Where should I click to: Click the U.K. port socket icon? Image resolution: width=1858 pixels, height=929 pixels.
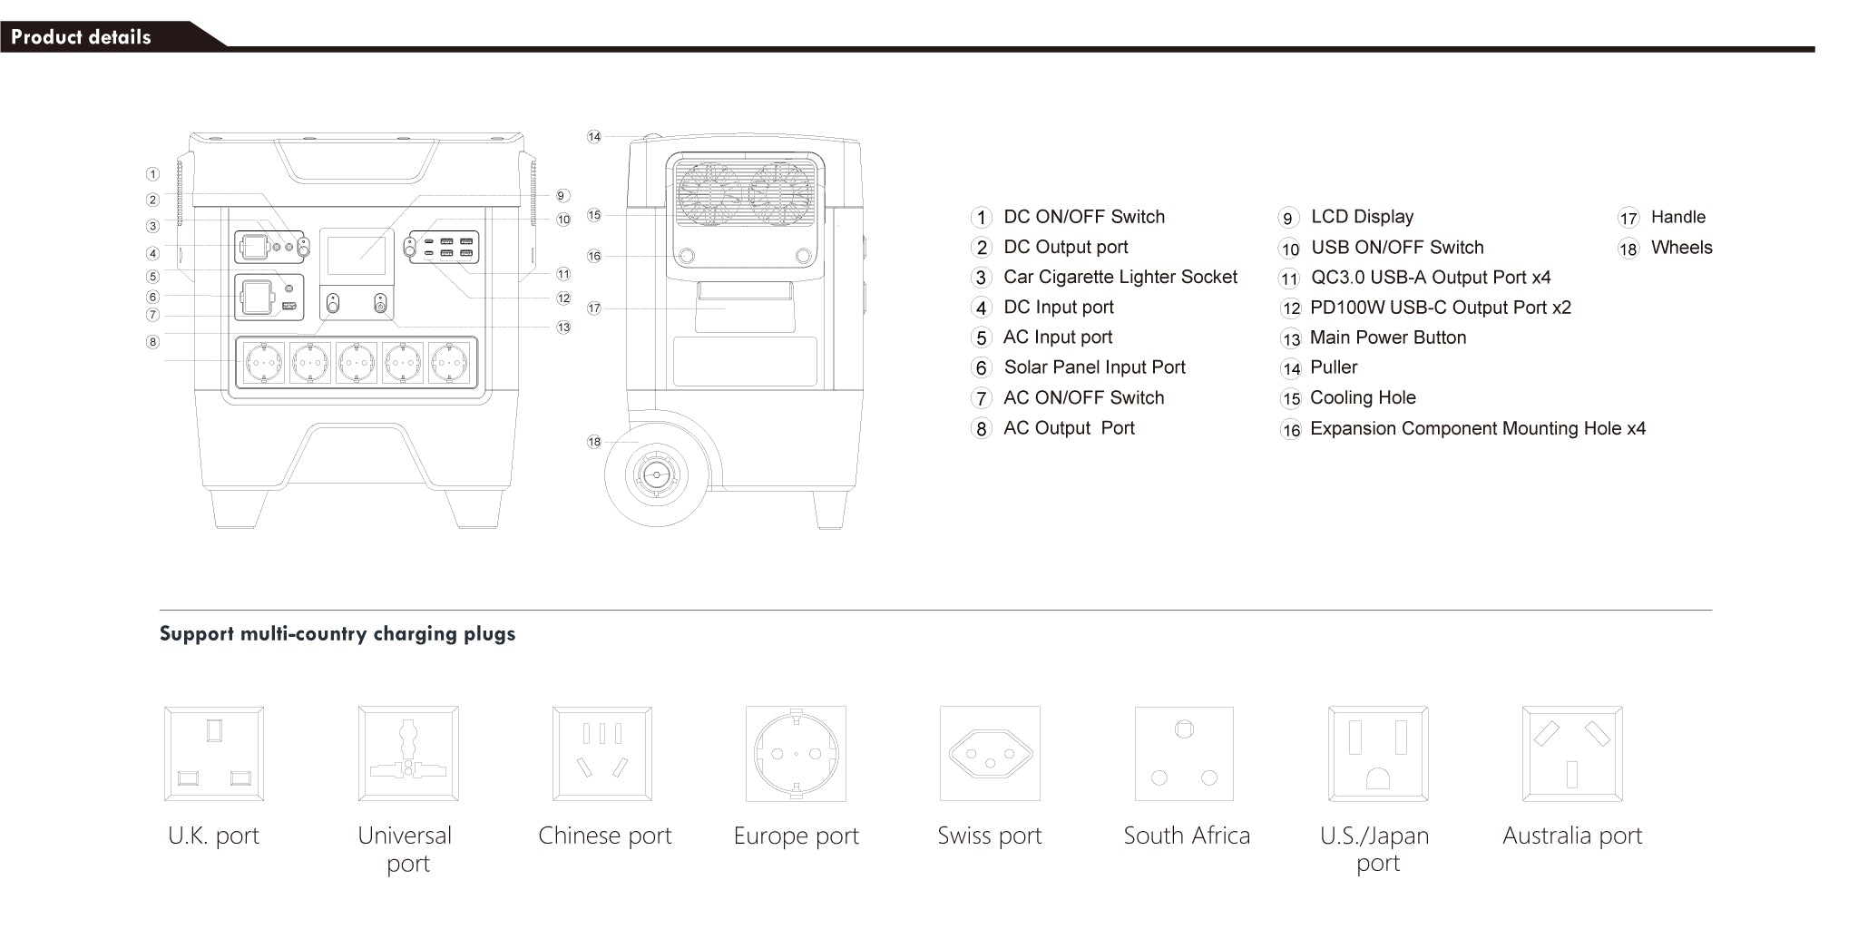[214, 754]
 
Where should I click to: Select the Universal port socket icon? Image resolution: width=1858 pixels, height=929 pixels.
[408, 754]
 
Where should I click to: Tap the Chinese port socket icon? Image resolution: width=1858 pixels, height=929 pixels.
[602, 754]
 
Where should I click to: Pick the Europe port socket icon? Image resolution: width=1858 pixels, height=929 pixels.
[796, 754]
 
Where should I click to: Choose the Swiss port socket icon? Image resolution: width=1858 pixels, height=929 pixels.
[990, 754]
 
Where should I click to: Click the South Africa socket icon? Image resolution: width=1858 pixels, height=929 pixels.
[1184, 754]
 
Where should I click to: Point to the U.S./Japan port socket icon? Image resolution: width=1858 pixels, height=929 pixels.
[1378, 754]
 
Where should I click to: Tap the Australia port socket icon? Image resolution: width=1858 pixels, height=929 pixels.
[1572, 754]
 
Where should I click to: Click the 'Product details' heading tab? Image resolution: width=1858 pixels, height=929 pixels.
[82, 37]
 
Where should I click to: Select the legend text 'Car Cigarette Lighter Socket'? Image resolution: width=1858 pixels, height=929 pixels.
[1120, 277]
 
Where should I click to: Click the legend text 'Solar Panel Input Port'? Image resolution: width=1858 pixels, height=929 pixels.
[1094, 367]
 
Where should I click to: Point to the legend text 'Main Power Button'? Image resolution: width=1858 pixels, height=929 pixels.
[1387, 337]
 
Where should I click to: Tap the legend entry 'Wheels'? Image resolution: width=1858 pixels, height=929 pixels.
[1681, 248]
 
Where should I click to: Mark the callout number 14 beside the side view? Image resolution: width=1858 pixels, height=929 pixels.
[594, 137]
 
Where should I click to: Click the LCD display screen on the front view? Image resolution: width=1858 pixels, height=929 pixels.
[356, 256]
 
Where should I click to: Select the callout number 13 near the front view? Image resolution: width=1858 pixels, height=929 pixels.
[563, 327]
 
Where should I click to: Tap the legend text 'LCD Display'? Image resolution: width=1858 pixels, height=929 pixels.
[1362, 217]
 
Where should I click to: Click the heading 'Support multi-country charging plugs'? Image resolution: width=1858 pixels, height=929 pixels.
[337, 633]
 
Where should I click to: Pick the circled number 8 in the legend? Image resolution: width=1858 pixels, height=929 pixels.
[981, 428]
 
